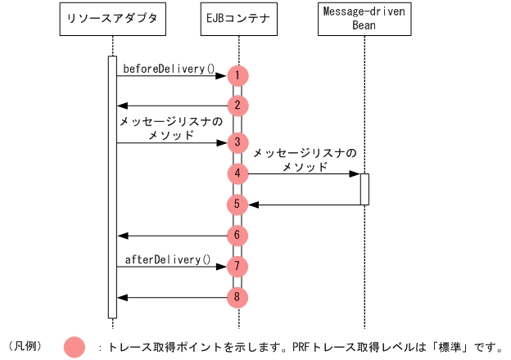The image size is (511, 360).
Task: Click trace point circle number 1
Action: (x=237, y=75)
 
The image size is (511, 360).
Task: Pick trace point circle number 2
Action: (x=237, y=105)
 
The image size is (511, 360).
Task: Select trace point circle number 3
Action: (x=237, y=142)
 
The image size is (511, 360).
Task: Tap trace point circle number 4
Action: (x=237, y=173)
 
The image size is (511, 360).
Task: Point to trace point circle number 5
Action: (x=237, y=204)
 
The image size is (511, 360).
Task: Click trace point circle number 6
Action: (x=237, y=235)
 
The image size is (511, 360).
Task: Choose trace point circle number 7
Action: (x=237, y=266)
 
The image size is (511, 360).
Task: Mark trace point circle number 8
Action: (x=237, y=296)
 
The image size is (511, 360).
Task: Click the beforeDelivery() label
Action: (x=169, y=69)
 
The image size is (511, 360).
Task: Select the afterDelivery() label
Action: (x=167, y=259)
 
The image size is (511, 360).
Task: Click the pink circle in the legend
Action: (x=75, y=347)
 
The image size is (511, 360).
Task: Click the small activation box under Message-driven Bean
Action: (x=364, y=189)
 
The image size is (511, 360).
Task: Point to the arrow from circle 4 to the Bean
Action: (x=303, y=173)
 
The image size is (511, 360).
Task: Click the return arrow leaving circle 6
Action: (x=172, y=236)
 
